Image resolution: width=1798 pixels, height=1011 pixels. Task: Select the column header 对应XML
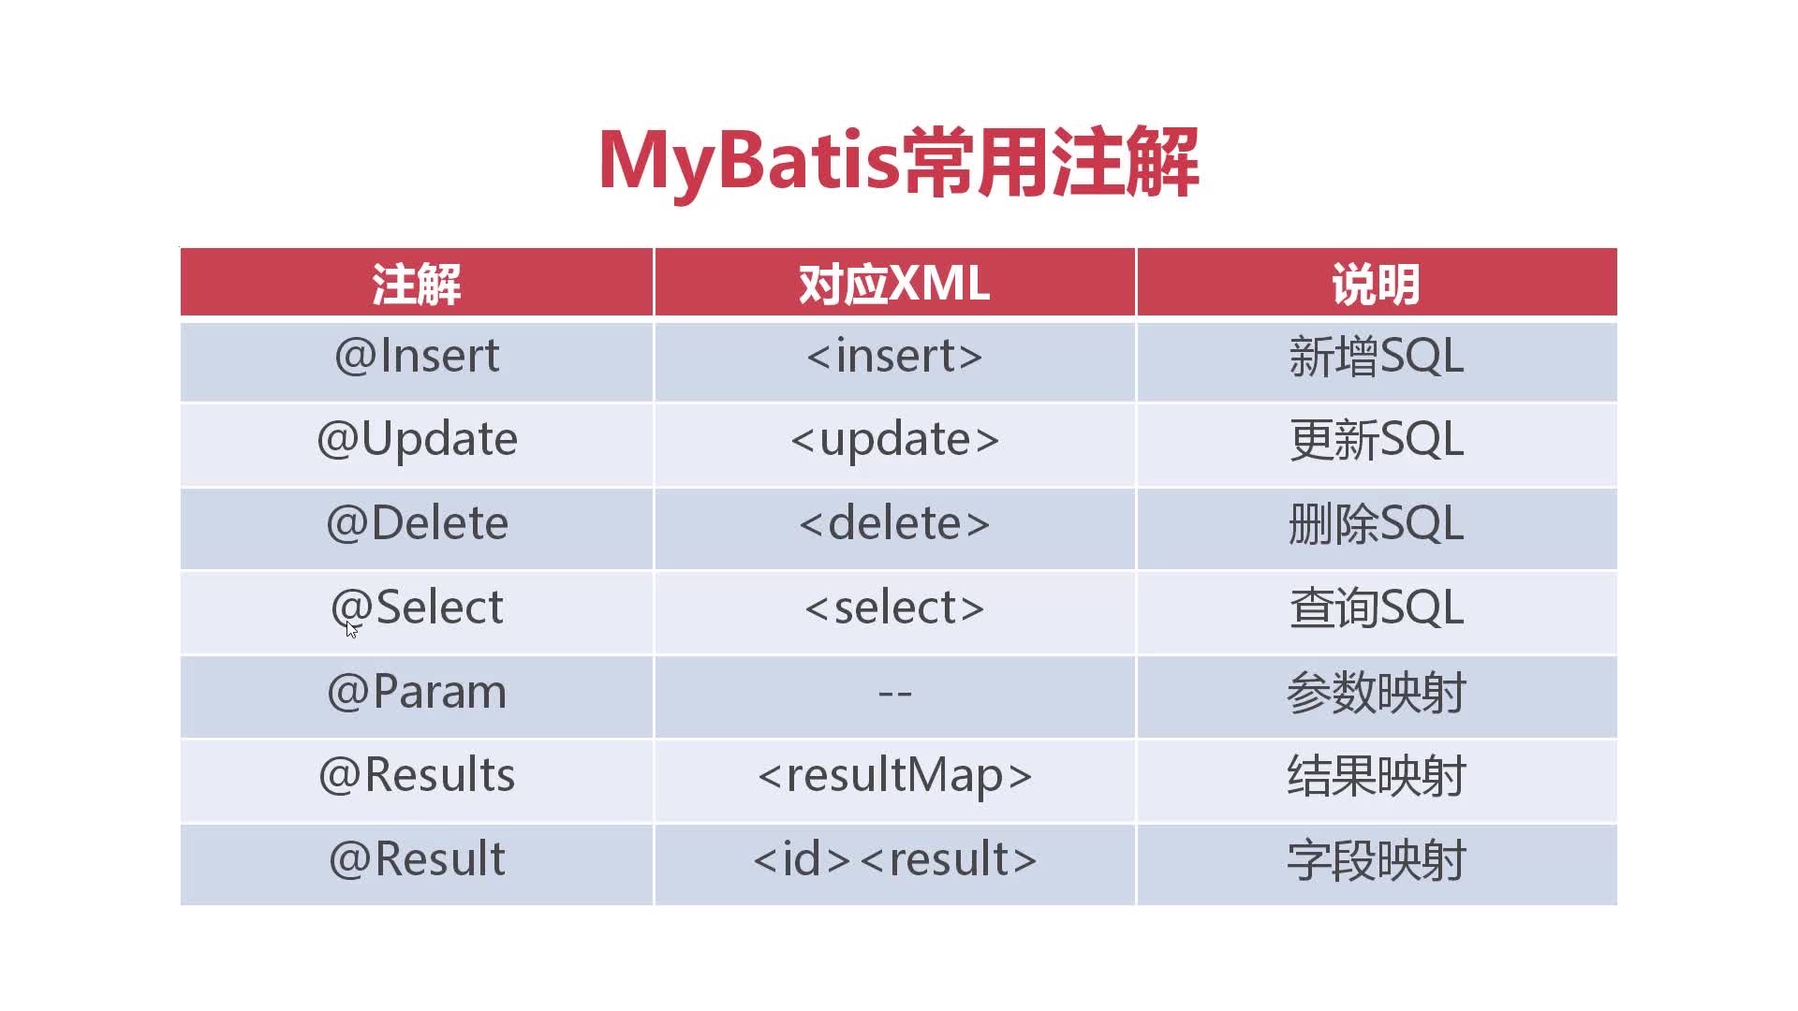(894, 284)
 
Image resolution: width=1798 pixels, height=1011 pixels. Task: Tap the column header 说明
(1376, 284)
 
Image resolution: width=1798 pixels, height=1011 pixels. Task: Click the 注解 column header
(417, 284)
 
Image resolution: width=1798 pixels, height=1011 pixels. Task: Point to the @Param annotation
(417, 692)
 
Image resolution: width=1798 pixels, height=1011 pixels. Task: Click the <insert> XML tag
(894, 356)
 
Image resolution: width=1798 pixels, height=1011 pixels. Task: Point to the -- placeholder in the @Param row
(894, 694)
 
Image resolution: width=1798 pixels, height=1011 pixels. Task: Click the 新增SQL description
(1376, 357)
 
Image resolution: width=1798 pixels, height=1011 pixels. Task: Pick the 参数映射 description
(1376, 694)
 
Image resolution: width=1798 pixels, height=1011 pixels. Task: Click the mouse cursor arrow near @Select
(351, 629)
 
